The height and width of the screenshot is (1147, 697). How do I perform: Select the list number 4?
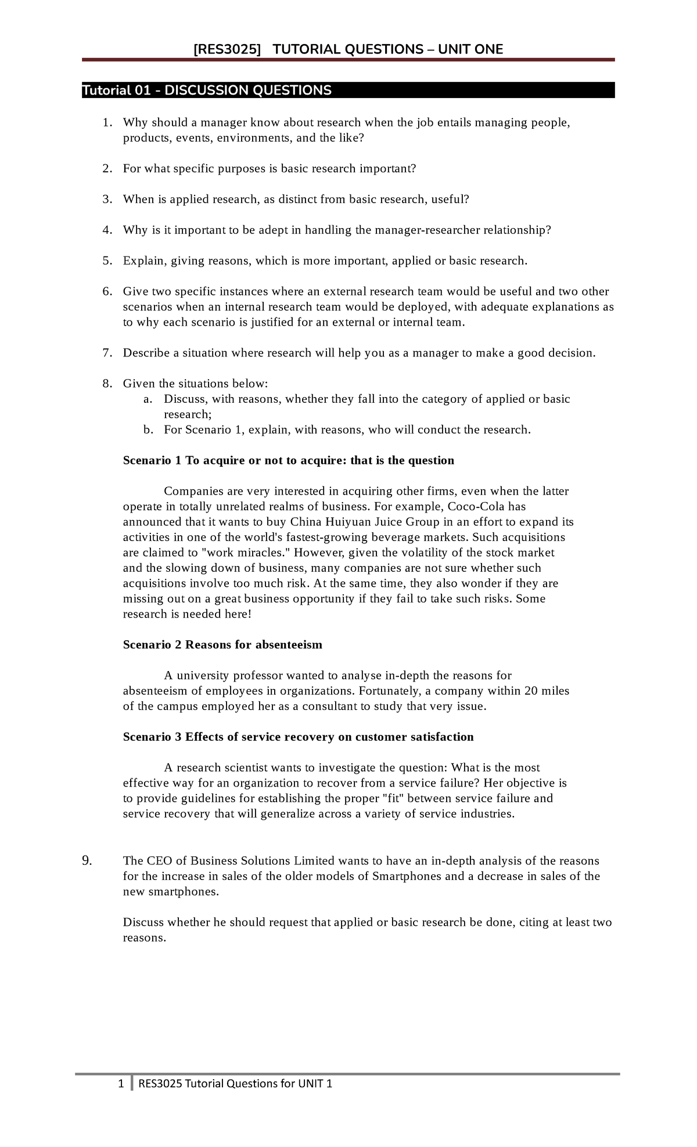[106, 230]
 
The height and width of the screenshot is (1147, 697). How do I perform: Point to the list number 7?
[106, 353]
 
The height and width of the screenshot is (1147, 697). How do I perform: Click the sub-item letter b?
[148, 430]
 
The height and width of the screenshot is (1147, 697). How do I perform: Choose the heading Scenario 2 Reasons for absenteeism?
[222, 645]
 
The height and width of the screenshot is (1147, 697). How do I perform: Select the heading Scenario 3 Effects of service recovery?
[298, 737]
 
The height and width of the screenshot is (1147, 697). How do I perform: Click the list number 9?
[87, 861]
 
